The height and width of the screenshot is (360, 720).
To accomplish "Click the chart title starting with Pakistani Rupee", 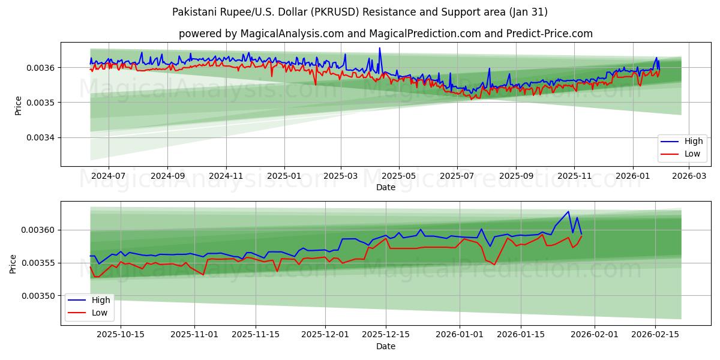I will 359,12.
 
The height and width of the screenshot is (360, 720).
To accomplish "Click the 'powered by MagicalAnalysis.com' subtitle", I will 385,34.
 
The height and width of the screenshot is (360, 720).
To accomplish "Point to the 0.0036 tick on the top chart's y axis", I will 40,68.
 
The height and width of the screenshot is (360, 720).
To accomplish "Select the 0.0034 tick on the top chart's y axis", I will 40,137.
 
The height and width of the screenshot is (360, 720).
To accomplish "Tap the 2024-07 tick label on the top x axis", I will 109,176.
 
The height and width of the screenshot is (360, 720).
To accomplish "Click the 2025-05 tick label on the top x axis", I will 399,176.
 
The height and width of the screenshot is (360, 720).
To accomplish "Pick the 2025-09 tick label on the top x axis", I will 516,176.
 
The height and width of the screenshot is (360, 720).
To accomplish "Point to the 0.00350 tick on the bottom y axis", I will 38,296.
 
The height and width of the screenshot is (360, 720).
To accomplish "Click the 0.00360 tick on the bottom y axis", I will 38,230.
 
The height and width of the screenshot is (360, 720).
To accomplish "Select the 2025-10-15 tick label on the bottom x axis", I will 121,335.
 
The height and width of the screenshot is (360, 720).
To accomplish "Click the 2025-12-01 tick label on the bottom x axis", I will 325,335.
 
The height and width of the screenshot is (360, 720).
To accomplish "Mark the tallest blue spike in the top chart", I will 379,48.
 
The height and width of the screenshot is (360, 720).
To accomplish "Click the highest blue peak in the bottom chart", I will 568,211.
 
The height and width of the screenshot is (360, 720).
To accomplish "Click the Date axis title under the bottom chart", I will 385,346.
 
